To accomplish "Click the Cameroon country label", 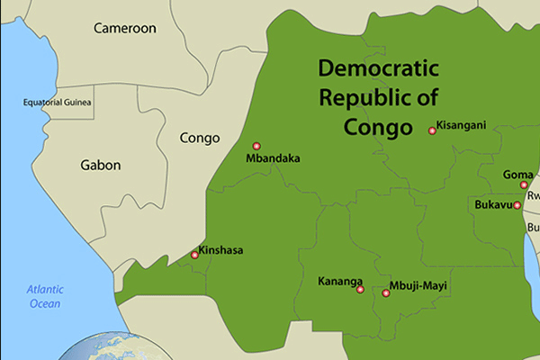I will (x=125, y=28).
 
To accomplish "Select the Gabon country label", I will (x=100, y=165).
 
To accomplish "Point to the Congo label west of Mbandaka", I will (x=200, y=138).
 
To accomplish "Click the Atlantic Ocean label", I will (x=43, y=296).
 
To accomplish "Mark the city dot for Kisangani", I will (x=432, y=130).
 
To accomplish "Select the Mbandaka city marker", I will (x=256, y=146).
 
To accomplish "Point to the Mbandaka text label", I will (x=273, y=159).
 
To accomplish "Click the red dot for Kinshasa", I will (x=194, y=256).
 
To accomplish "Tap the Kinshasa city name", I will (x=220, y=250).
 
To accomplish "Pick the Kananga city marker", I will (x=360, y=290).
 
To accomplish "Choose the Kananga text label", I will (x=340, y=282).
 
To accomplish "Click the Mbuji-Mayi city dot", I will (x=386, y=292).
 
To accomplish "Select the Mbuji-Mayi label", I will (x=418, y=287).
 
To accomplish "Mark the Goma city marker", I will (x=524, y=184).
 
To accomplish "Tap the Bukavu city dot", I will (x=517, y=205).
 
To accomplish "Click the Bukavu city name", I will (x=492, y=204).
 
